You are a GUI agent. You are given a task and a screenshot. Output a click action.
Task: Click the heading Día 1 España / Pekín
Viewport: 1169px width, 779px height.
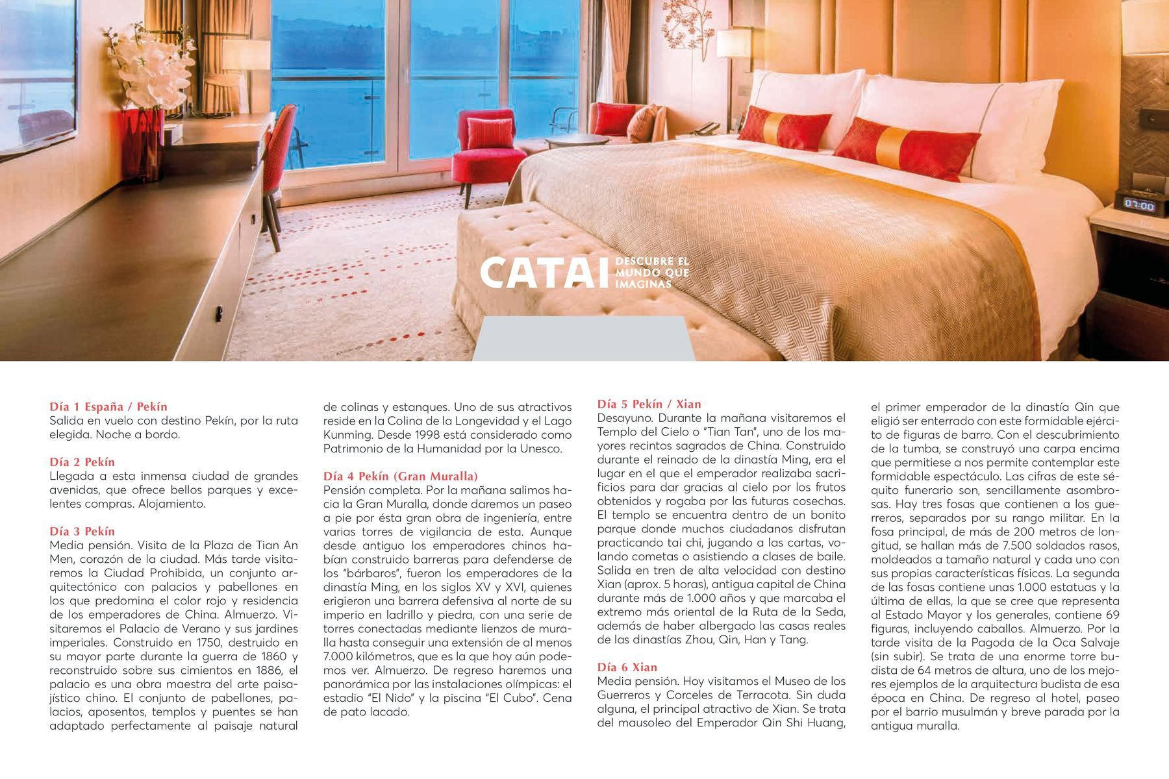tap(108, 407)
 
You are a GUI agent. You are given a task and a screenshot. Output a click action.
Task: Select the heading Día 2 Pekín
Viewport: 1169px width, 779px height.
tap(82, 462)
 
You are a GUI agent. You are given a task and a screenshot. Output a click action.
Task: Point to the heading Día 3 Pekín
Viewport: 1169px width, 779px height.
tap(82, 532)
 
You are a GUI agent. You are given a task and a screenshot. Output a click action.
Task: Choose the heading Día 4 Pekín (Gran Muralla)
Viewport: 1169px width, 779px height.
tap(401, 476)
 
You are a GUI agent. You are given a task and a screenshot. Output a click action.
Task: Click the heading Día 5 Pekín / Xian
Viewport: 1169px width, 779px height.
tap(649, 404)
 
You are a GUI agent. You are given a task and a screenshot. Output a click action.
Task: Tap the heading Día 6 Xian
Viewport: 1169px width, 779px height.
tap(627, 667)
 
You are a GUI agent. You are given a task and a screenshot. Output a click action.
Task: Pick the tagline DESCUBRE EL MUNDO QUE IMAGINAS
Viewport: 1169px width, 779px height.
tap(651, 273)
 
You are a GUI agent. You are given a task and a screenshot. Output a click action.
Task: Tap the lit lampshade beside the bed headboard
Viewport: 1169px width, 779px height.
tap(734, 44)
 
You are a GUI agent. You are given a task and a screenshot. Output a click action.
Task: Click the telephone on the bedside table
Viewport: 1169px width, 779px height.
tap(706, 128)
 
